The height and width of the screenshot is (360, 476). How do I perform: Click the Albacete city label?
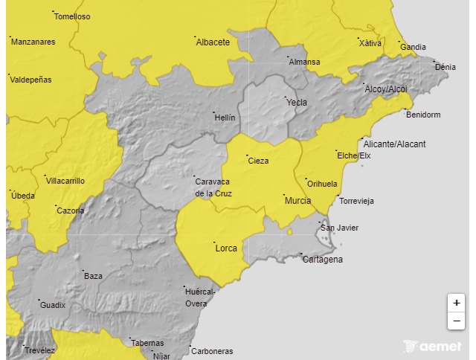[213, 42]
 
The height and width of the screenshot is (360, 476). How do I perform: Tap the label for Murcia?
[297, 201]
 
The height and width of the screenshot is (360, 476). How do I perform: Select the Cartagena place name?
[323, 260]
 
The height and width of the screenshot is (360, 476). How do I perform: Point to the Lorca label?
[225, 248]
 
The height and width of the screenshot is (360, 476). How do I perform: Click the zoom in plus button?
[456, 303]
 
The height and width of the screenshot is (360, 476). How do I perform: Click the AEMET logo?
[432, 346]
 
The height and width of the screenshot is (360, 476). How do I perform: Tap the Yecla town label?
[297, 103]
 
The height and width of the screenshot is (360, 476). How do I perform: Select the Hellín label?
[224, 118]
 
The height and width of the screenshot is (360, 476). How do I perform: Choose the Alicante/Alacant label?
[394, 144]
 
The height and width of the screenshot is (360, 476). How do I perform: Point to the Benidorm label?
[423, 115]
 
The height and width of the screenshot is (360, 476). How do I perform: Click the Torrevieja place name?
[356, 202]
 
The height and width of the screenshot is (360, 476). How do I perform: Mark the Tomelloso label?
[72, 16]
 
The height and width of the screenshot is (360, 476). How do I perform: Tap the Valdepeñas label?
[30, 80]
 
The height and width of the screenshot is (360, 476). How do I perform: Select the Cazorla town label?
[71, 210]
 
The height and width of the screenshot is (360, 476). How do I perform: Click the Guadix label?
[53, 305]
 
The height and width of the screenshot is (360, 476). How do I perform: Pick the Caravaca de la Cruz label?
[213, 187]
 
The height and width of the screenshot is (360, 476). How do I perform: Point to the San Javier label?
[338, 228]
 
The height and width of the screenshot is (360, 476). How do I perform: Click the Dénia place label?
[445, 67]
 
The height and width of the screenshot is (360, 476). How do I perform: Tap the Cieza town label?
[258, 161]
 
